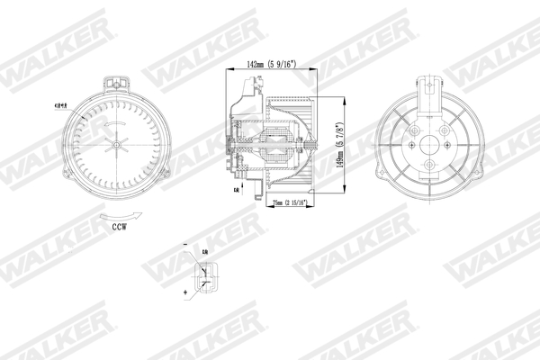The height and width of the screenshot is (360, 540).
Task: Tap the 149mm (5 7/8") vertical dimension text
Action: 341,146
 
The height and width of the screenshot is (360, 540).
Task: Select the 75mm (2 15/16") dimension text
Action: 286,203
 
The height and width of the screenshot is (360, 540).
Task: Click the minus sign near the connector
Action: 184,245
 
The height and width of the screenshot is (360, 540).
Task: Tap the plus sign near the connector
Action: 185,293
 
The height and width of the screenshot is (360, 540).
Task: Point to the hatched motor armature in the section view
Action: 275,144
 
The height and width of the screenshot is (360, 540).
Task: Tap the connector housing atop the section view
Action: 245,89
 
